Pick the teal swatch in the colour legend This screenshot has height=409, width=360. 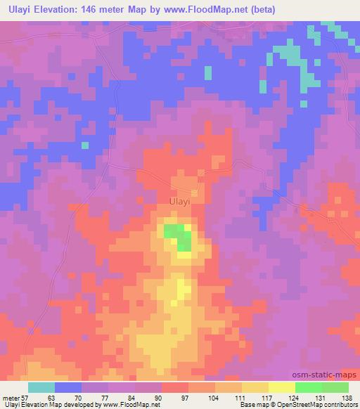41,387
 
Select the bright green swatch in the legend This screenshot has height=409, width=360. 308,387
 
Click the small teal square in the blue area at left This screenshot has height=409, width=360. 85,145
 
